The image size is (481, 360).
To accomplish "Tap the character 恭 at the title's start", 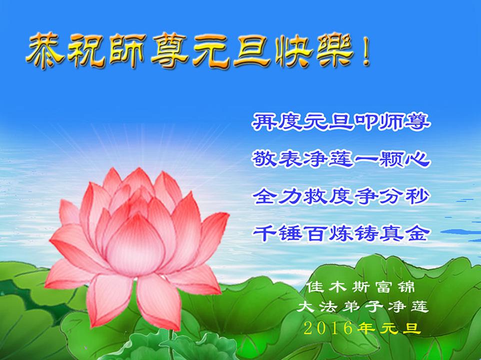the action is click(x=45, y=51).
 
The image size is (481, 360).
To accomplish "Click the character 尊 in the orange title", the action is click(x=169, y=51).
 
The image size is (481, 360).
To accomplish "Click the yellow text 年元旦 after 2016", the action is click(x=389, y=328).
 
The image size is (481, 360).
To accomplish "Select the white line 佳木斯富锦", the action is click(x=361, y=287).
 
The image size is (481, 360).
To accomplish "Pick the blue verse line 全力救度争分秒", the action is click(x=341, y=196).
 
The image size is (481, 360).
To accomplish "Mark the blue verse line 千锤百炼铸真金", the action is click(x=341, y=233).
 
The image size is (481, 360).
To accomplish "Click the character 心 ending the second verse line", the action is click(x=418, y=159).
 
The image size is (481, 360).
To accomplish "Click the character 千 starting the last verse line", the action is click(x=264, y=233).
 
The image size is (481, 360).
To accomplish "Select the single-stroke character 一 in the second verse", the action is click(x=366, y=160).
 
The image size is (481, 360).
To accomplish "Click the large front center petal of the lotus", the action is click(x=135, y=245).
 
